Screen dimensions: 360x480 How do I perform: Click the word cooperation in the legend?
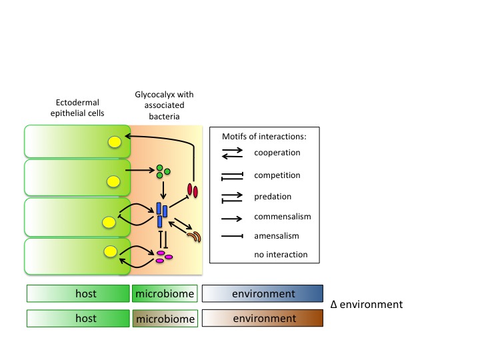[277, 153]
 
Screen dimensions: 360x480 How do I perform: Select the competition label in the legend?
[277, 175]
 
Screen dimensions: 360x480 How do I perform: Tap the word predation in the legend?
[273, 197]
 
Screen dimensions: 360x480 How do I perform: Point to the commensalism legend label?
[283, 217]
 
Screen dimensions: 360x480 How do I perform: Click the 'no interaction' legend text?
[281, 255]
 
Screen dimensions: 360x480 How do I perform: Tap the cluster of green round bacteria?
[162, 171]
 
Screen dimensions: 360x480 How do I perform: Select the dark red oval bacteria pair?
[193, 191]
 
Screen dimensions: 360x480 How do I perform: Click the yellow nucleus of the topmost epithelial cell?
[115, 141]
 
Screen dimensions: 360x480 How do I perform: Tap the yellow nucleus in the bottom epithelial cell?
[111, 251]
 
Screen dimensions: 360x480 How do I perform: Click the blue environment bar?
[262, 293]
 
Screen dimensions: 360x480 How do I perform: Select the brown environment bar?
[262, 318]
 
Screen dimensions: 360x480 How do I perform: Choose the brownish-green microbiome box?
[165, 319]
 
